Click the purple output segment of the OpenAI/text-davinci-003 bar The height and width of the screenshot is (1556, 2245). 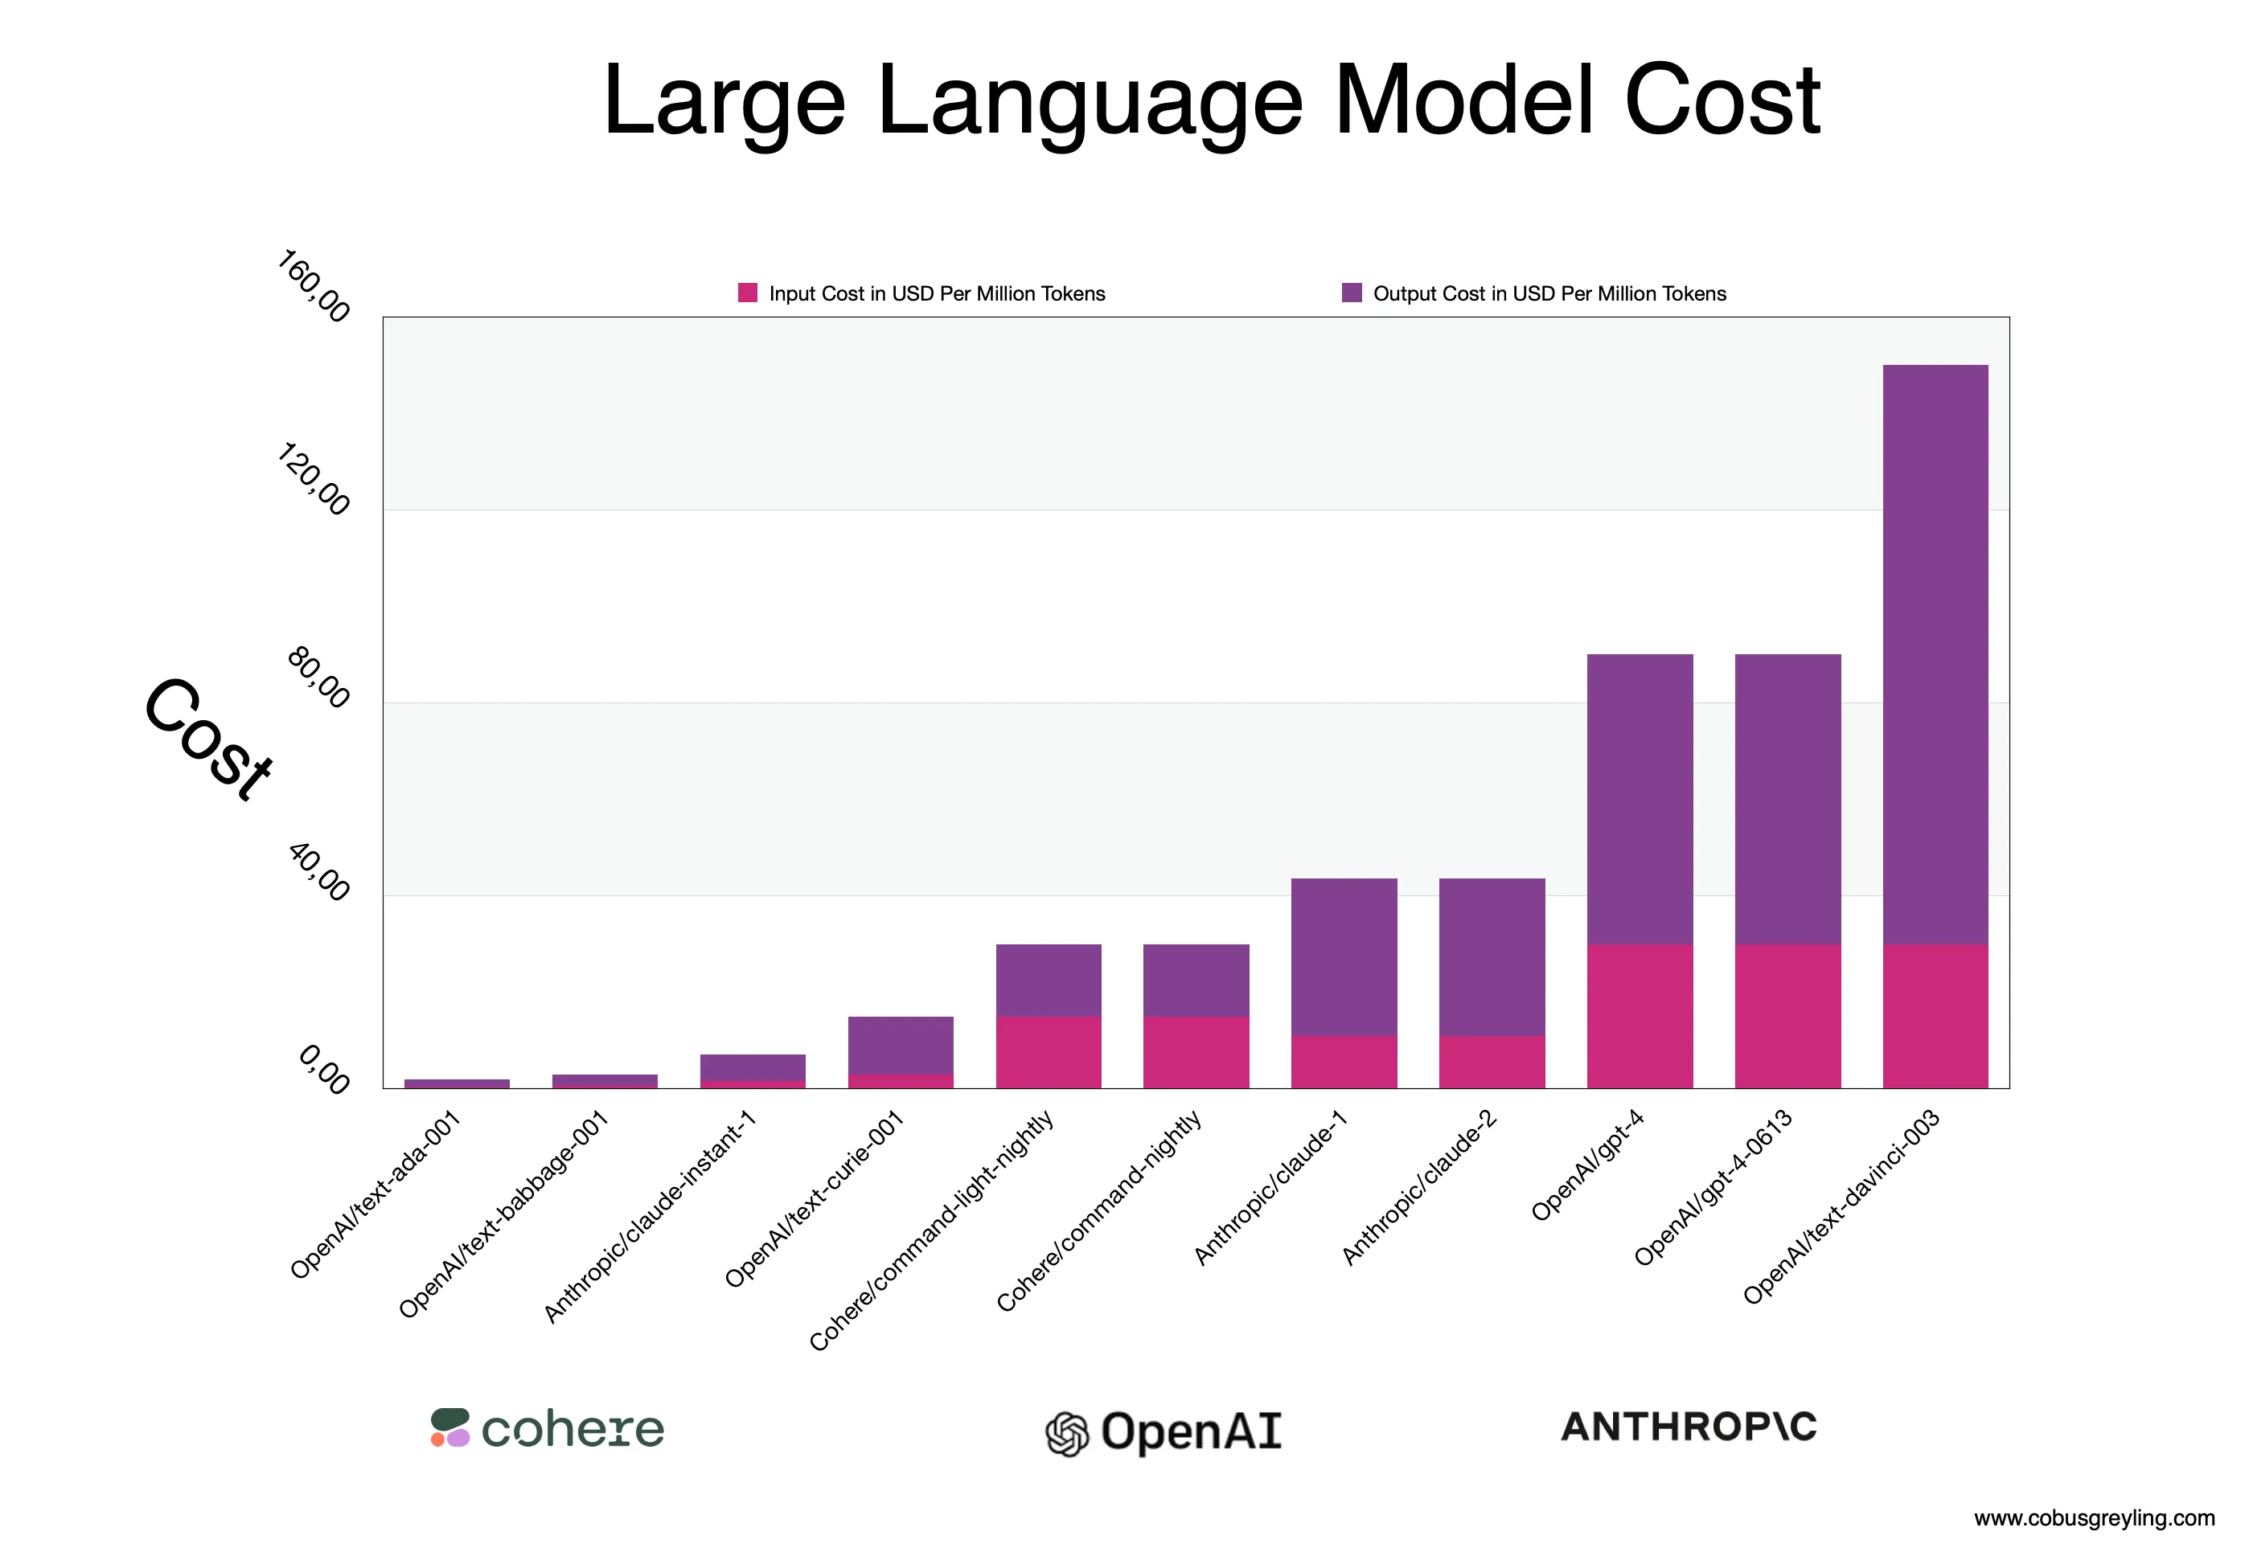[1934, 653]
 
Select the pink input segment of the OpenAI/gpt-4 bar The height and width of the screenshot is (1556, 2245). [1640, 1015]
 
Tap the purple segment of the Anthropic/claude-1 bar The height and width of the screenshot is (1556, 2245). [1343, 956]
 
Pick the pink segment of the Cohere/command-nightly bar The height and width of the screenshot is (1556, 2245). [1196, 1052]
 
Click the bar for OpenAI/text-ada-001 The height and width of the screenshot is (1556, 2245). [457, 1083]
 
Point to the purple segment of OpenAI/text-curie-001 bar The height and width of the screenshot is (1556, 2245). [900, 1045]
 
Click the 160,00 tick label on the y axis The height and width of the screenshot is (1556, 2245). [313, 285]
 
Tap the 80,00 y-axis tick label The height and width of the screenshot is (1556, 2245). [317, 677]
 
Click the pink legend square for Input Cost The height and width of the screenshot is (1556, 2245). [747, 293]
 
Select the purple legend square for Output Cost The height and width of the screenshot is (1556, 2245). [1351, 293]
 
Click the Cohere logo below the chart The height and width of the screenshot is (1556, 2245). [547, 1427]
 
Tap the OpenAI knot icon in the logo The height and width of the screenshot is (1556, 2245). [1066, 1433]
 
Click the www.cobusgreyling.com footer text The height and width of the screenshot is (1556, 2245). [2093, 1518]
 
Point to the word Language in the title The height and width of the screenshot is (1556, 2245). [1090, 100]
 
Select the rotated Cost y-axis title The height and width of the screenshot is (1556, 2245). [207, 739]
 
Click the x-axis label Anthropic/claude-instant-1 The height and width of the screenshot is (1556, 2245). [650, 1216]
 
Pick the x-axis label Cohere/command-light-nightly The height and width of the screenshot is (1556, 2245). [931, 1230]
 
